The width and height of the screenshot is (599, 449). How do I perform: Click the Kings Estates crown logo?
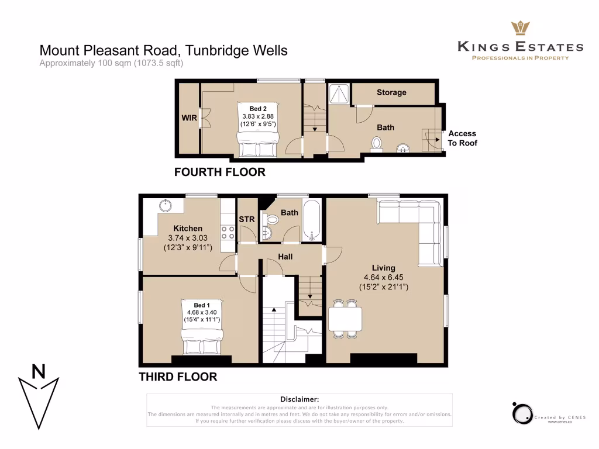coord(520,28)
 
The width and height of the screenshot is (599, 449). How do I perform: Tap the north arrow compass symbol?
coord(39,398)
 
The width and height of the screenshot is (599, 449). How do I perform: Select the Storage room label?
coord(391,92)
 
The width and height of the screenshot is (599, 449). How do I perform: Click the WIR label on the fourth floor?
coord(190,118)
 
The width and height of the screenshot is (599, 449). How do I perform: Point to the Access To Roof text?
coord(462,138)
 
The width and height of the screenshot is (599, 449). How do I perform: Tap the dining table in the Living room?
coord(345,319)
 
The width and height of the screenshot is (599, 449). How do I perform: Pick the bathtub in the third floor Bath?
coord(312,221)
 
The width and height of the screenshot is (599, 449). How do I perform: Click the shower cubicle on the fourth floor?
coord(339,94)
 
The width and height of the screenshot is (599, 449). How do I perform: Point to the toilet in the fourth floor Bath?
coord(377,144)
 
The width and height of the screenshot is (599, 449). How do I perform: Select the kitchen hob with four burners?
coord(228,233)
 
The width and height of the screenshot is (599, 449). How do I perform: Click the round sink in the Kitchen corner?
coord(163,205)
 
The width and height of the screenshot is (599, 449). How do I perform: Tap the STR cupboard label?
coord(246,220)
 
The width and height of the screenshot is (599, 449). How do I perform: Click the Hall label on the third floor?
coord(285,257)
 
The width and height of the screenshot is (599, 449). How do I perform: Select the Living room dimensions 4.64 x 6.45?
coord(383,278)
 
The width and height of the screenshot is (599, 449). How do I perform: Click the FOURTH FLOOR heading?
coord(219,172)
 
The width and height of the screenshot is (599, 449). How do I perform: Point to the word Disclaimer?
coord(299,399)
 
